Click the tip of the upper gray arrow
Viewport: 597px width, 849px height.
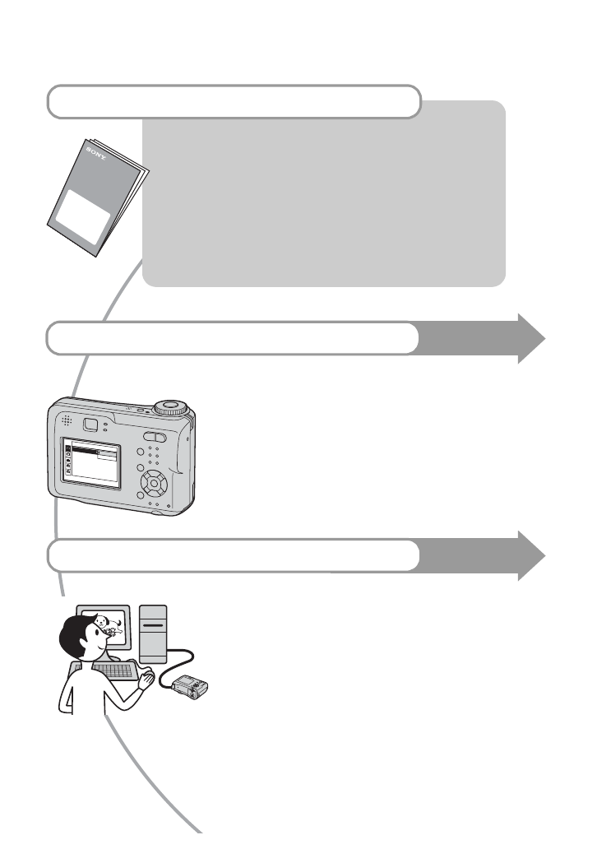point(543,338)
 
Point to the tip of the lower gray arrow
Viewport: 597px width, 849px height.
point(543,556)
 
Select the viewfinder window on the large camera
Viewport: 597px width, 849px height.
point(91,424)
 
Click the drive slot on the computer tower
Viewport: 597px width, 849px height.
point(154,626)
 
